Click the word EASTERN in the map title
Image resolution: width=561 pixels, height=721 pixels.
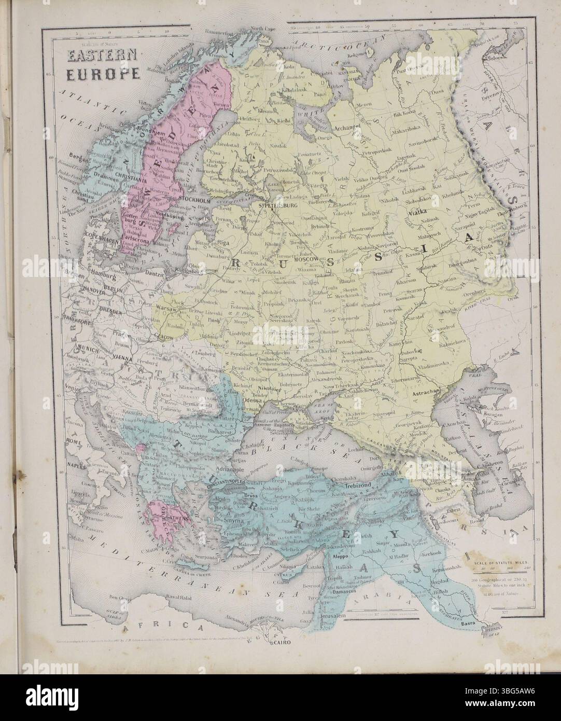[x=99, y=55]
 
